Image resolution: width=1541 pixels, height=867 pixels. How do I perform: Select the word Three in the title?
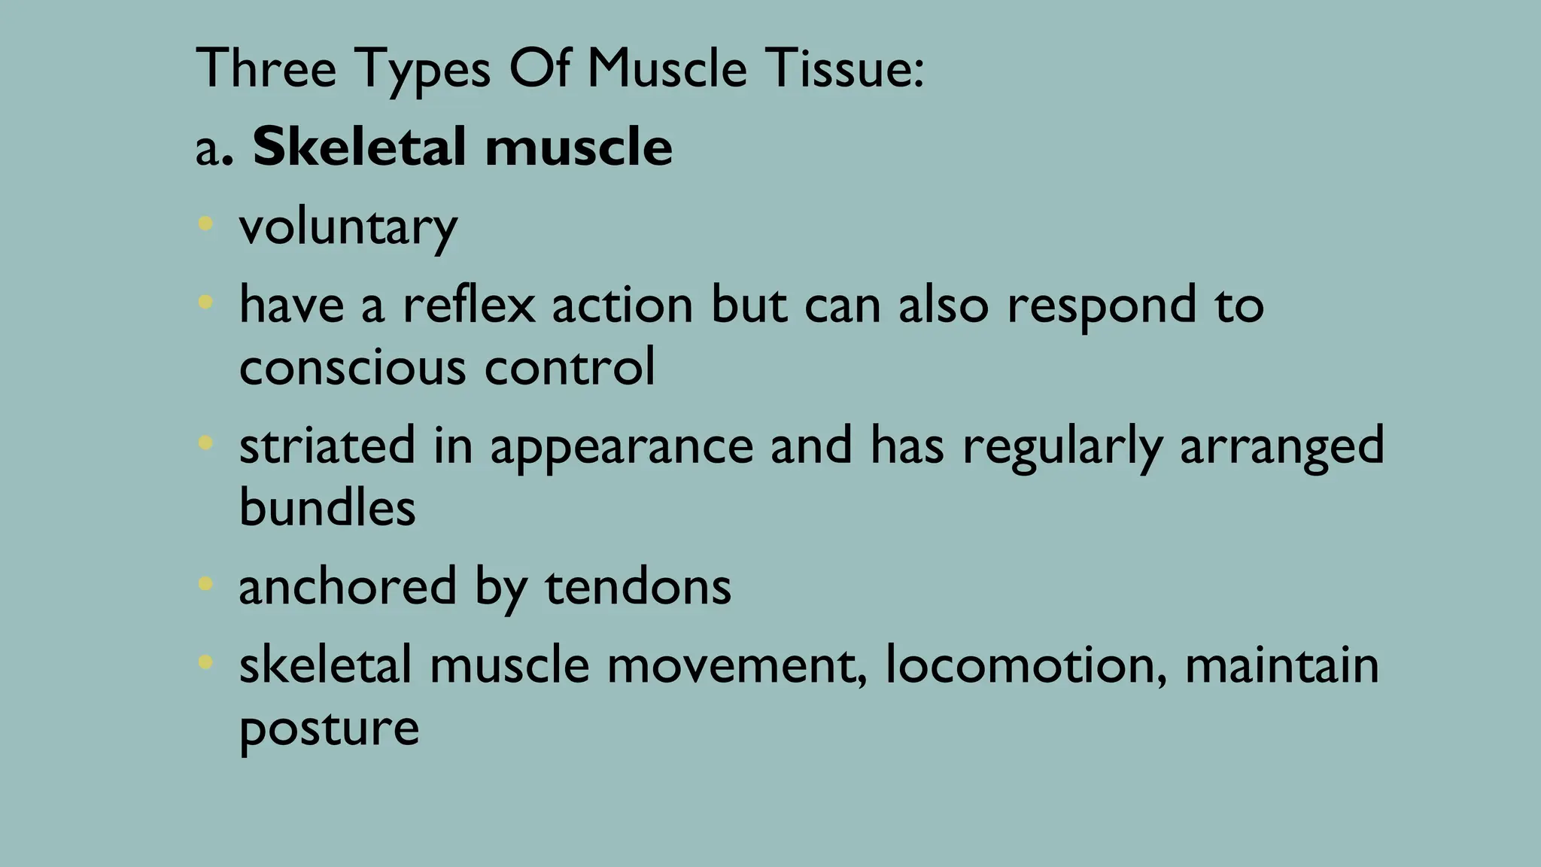tap(266, 69)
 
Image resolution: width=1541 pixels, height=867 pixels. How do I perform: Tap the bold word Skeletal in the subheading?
tap(359, 147)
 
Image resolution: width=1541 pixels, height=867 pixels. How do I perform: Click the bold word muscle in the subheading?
tap(579, 147)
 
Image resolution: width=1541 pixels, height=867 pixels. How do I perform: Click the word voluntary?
tap(348, 227)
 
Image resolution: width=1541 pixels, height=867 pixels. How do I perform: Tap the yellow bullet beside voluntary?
tap(205, 224)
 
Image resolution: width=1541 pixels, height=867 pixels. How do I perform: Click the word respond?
tap(1100, 306)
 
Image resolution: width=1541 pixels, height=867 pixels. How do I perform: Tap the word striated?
tap(327, 446)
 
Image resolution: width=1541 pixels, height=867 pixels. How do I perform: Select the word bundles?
tap(327, 507)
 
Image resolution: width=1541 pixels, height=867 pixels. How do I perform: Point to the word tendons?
tap(638, 587)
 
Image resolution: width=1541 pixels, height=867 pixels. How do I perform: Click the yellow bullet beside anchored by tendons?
tap(205, 583)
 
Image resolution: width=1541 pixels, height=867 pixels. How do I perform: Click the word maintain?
tap(1282, 665)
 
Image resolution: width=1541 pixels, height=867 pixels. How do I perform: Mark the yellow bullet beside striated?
tap(205, 443)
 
